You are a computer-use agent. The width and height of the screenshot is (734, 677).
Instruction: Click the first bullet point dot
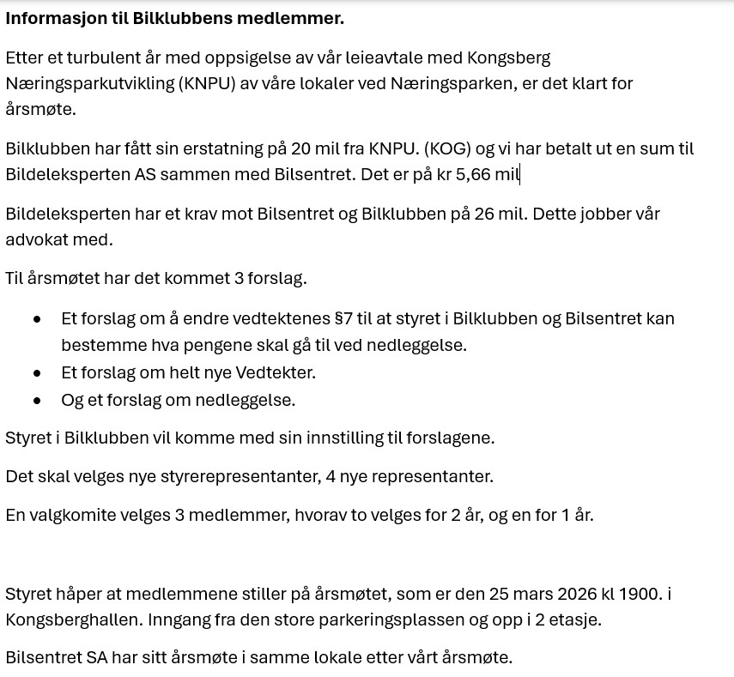(37, 318)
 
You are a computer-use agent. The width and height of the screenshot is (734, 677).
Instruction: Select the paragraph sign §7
(343, 318)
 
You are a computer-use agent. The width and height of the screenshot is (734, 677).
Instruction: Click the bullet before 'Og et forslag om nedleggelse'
(37, 400)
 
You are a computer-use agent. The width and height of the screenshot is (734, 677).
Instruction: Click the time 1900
(644, 593)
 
